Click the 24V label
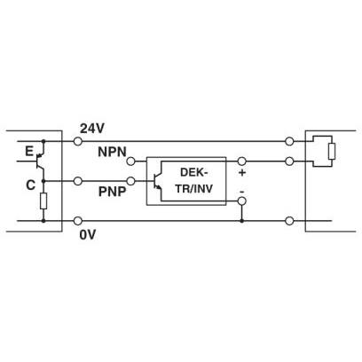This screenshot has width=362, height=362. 92,129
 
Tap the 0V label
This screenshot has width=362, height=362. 88,235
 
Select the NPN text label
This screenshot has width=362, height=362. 112,152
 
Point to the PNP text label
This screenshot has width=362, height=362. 112,192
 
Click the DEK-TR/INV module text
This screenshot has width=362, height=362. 194,180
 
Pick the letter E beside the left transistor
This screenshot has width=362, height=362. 29,152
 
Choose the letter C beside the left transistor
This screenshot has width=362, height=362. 30,185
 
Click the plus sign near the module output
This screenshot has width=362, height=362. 242,172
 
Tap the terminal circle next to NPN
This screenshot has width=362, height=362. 130,161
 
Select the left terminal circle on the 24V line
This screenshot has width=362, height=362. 78,141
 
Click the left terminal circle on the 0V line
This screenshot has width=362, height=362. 78,221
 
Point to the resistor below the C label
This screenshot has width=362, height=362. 43,201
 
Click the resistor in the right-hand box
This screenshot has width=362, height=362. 332,152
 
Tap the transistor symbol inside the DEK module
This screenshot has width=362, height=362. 156,181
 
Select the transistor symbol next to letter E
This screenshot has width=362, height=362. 40,161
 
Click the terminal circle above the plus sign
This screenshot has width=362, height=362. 242,161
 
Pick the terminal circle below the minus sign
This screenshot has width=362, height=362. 242,201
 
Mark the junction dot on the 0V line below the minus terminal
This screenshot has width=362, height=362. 242,221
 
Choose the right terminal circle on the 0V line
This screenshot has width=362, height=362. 289,221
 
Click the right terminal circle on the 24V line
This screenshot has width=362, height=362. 289,141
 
